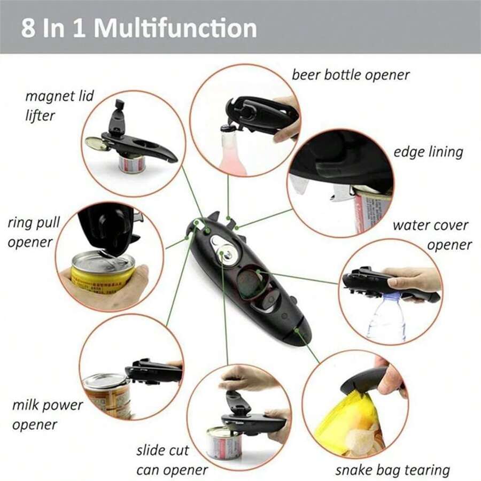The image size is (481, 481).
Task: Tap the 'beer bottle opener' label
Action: [351, 75]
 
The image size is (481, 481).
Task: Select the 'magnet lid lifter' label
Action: [59, 105]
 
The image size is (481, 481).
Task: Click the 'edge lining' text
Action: [428, 152]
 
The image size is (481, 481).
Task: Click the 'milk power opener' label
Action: [48, 415]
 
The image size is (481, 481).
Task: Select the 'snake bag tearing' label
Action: [392, 470]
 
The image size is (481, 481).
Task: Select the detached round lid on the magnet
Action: [95, 143]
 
